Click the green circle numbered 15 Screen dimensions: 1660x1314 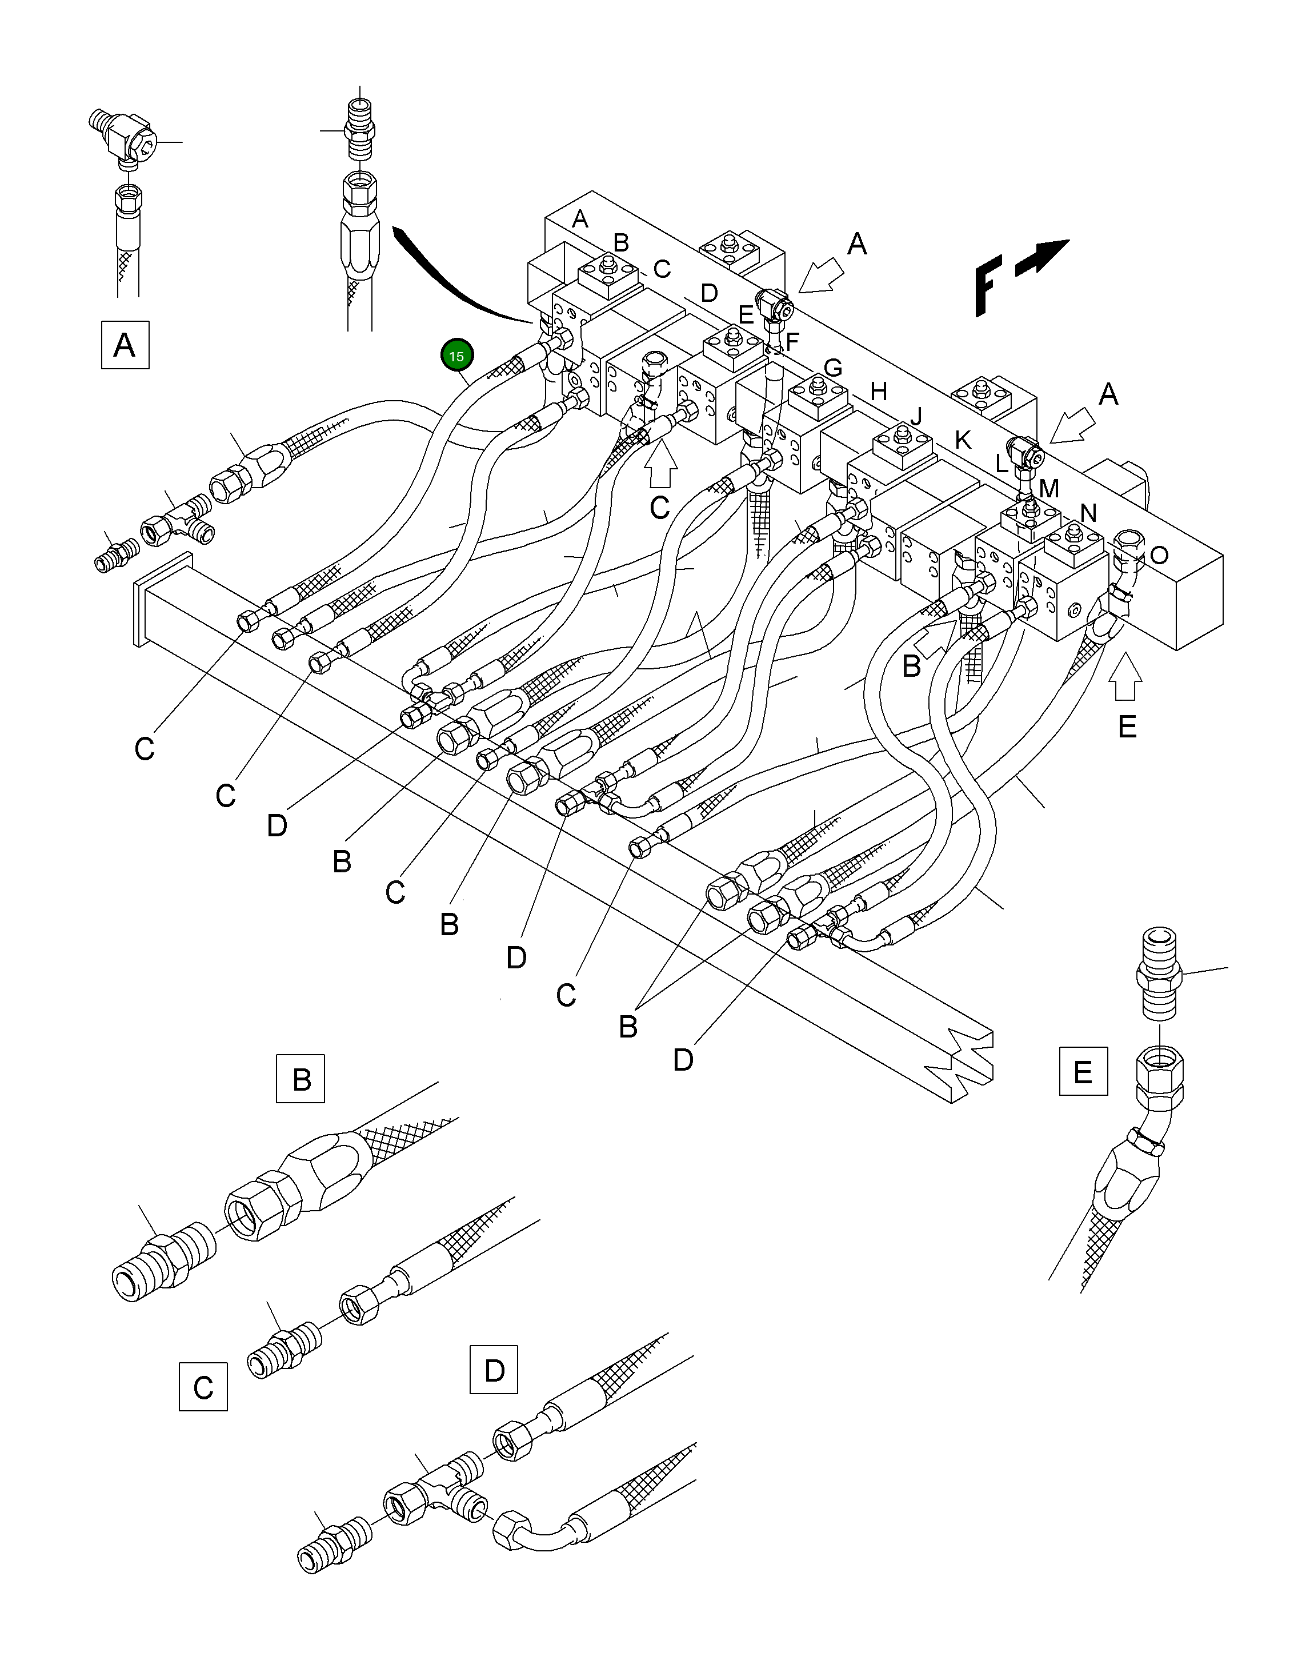(456, 356)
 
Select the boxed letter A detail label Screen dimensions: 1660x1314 (125, 345)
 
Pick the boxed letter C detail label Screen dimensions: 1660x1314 (203, 1387)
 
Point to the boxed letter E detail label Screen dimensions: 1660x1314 (1083, 1071)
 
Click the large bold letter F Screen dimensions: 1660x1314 (987, 288)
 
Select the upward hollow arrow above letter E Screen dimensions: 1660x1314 (1125, 677)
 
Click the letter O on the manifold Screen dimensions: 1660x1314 (1159, 556)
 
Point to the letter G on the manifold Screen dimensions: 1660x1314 (832, 368)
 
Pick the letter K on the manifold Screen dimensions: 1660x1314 (963, 440)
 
